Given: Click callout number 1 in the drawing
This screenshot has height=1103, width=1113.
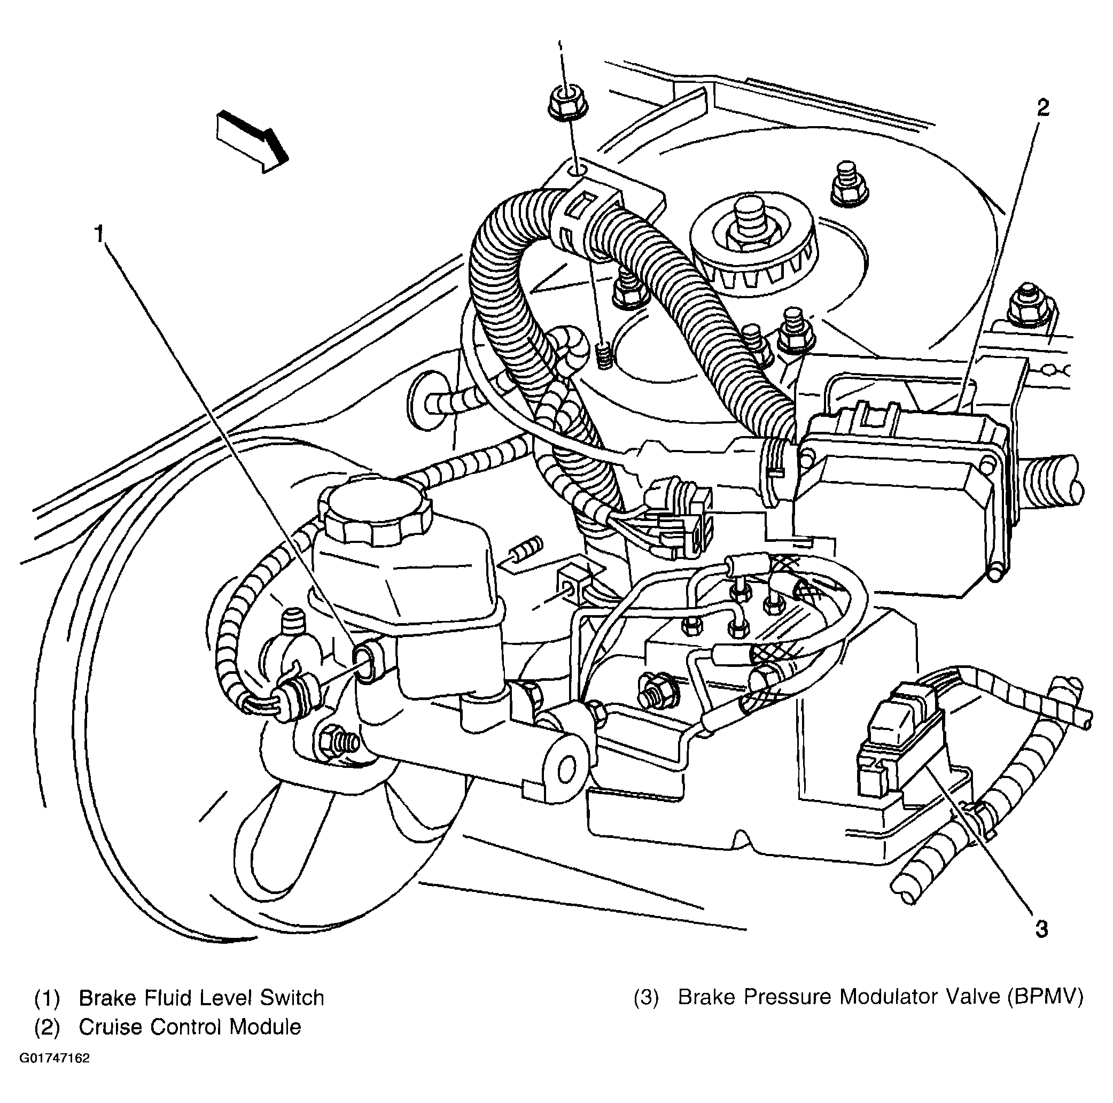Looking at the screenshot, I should point(100,235).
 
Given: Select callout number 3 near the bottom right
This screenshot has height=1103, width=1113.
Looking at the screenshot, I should point(1041,945).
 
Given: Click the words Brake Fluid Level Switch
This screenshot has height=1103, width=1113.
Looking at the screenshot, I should point(201,998).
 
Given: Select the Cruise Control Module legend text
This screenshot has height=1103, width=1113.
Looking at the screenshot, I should point(190,1027).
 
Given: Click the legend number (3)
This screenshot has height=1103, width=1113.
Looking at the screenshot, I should point(645,998).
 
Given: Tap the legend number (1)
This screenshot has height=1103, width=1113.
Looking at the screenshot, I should point(47,998).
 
